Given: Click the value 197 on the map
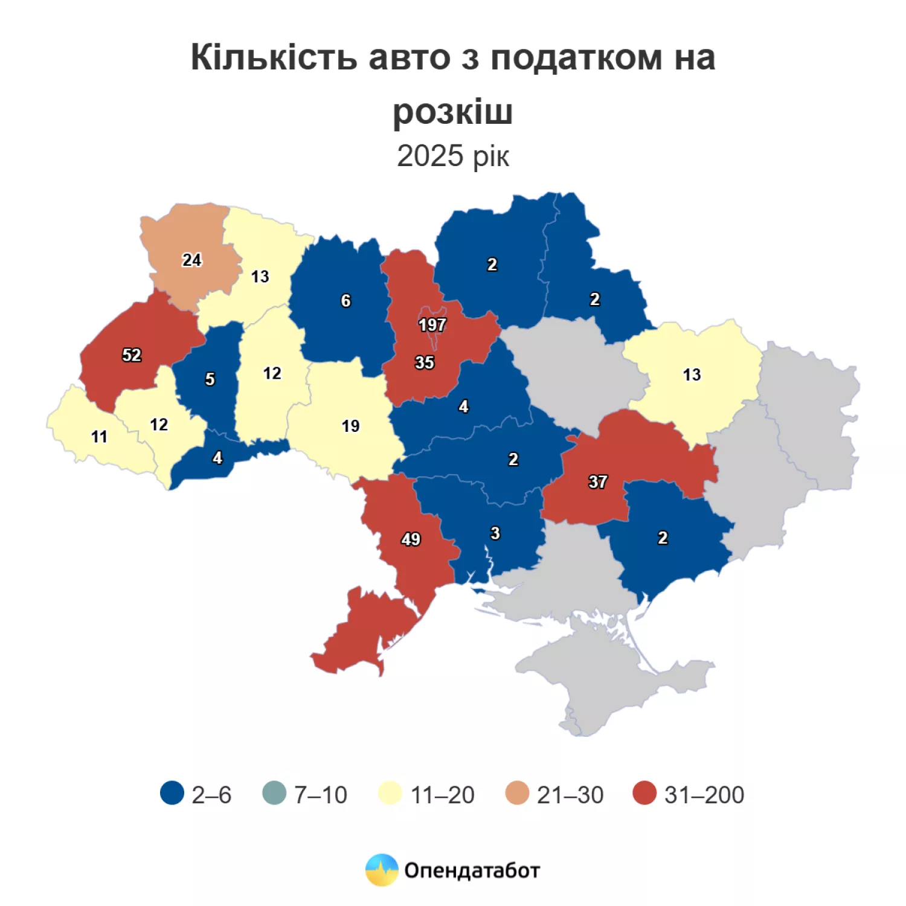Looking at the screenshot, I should click(432, 325).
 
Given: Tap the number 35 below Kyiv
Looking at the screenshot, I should click(424, 362).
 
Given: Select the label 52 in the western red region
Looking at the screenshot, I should click(132, 355).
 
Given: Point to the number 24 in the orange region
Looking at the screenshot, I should click(191, 260).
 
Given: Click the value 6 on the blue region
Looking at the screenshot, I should click(345, 301).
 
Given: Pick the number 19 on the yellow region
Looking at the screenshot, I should click(350, 426).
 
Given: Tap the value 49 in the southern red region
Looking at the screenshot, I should click(411, 539).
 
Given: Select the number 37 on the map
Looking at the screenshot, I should click(597, 481).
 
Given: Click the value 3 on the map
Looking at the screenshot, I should click(495, 533).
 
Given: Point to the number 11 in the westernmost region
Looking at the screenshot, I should click(99, 436).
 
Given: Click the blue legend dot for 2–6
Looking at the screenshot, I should click(172, 793).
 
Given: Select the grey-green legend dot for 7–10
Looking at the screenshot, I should click(274, 793).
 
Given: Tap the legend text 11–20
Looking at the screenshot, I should click(442, 795).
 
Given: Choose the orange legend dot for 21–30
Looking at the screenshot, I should click(517, 793).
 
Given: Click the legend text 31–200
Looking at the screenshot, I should click(704, 795).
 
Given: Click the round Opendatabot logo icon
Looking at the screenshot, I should click(382, 870).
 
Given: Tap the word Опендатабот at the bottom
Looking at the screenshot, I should click(472, 870).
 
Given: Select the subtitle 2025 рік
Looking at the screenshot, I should click(453, 156).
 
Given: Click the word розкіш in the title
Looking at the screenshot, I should click(453, 112).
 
